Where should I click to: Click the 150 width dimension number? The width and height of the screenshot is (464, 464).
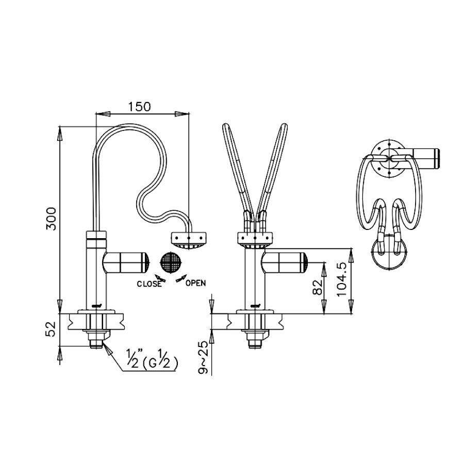139,107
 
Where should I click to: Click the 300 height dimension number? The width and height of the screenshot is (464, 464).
51,219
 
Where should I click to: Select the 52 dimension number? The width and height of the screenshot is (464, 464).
51,329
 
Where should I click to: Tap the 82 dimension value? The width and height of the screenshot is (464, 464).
317,287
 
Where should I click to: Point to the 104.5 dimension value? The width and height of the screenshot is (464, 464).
342,279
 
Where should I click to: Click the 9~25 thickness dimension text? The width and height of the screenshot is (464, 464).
204,358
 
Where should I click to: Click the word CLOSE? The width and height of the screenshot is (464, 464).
149,284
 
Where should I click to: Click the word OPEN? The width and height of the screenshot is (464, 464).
195,283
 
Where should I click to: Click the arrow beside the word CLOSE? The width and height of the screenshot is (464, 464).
160,278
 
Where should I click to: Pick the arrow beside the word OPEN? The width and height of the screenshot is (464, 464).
181,278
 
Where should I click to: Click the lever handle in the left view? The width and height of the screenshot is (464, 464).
126,262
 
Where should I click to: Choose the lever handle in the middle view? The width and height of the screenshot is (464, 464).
285,262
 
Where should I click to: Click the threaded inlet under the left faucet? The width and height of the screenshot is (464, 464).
96,343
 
